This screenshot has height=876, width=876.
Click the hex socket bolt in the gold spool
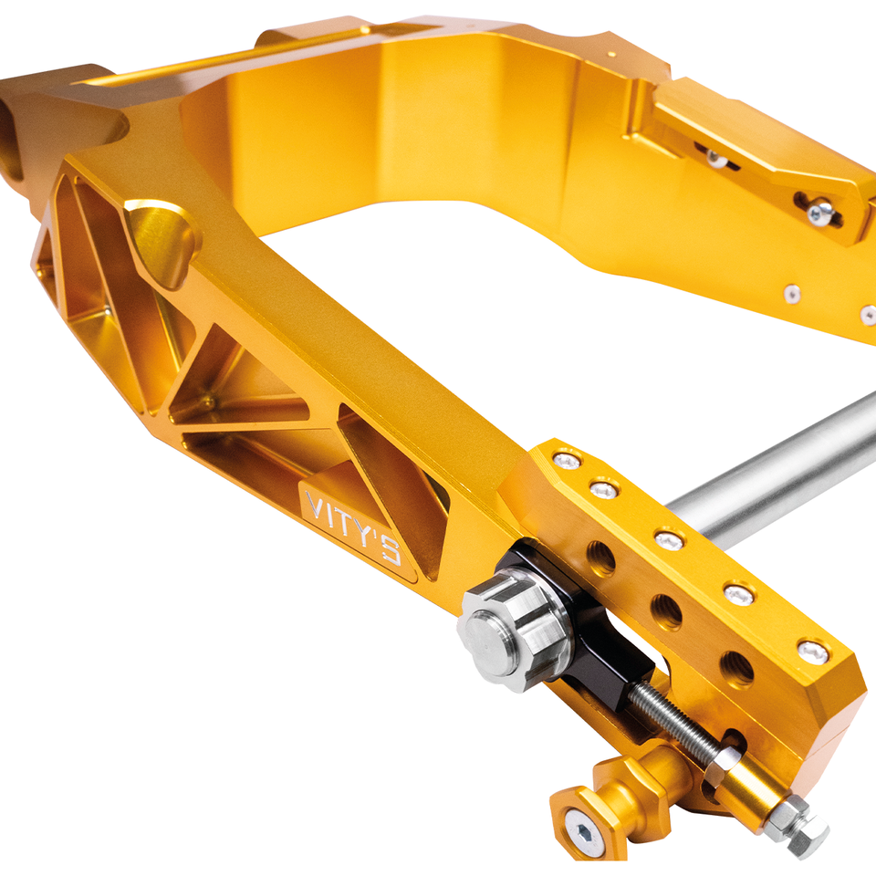584,834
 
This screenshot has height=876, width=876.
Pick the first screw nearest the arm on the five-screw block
567,461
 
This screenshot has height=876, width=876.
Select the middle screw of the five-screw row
670,540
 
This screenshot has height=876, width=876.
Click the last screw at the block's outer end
812,652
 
